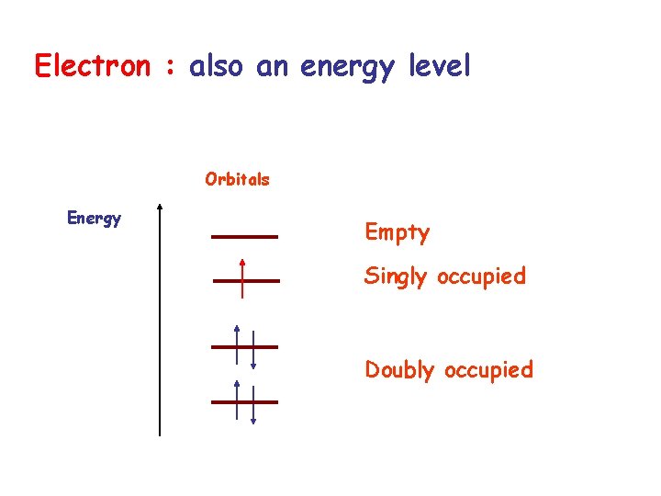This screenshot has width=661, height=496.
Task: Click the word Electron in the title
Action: (91, 66)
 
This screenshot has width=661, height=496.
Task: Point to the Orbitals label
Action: (237, 179)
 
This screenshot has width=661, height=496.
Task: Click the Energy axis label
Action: (94, 218)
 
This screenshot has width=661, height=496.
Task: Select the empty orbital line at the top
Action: (244, 237)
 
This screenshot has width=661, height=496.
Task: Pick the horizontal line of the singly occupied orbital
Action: (262, 280)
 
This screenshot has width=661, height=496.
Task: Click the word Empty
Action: (397, 232)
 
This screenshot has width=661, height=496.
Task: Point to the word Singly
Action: (396, 276)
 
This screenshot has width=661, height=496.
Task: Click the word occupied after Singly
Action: (481, 276)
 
